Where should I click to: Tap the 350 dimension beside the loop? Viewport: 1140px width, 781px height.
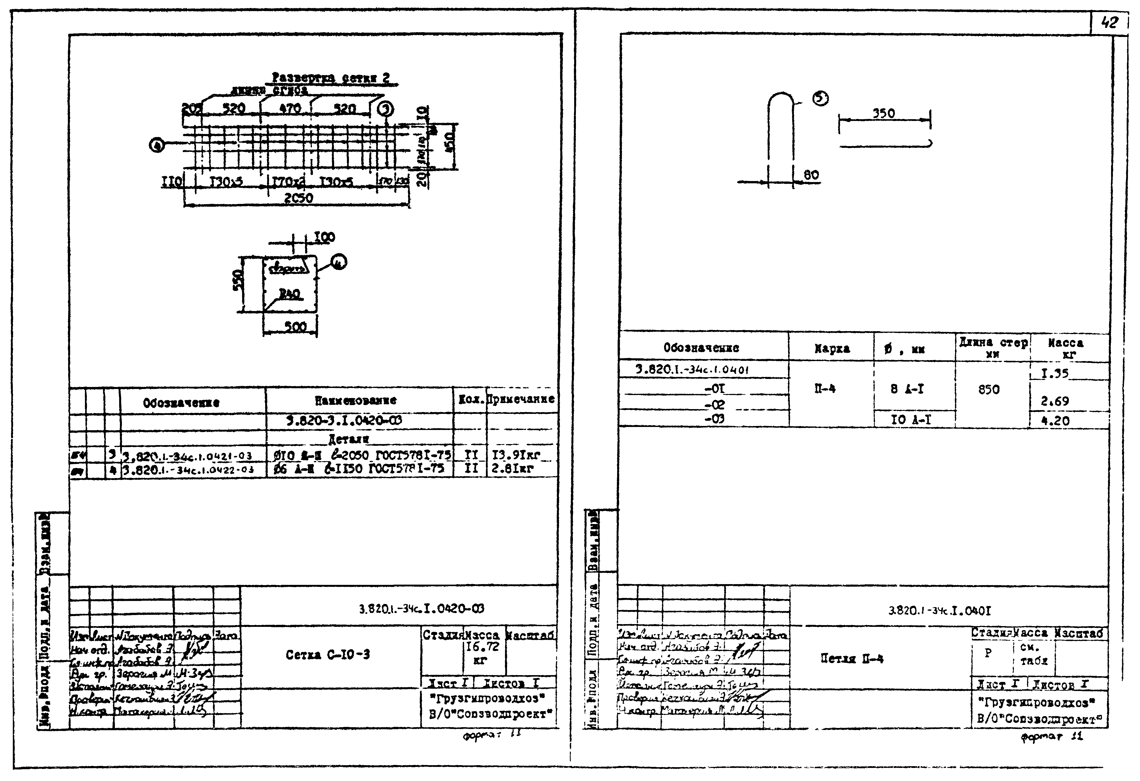point(883,113)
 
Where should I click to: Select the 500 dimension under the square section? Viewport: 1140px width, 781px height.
point(295,327)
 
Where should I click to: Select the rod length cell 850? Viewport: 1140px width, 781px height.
point(988,389)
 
